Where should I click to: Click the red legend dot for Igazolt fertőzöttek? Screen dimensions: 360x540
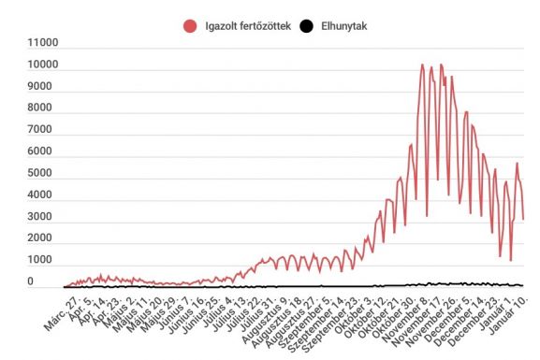(191, 27)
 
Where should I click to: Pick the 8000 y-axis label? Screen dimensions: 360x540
(44, 108)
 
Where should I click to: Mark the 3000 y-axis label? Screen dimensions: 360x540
(44, 217)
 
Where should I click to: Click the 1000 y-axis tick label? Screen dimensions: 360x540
(44, 260)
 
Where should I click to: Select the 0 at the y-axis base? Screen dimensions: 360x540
(55, 281)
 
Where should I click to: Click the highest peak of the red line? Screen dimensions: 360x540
(422, 65)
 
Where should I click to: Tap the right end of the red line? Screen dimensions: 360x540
(524, 219)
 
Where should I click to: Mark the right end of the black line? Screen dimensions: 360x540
(524, 285)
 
